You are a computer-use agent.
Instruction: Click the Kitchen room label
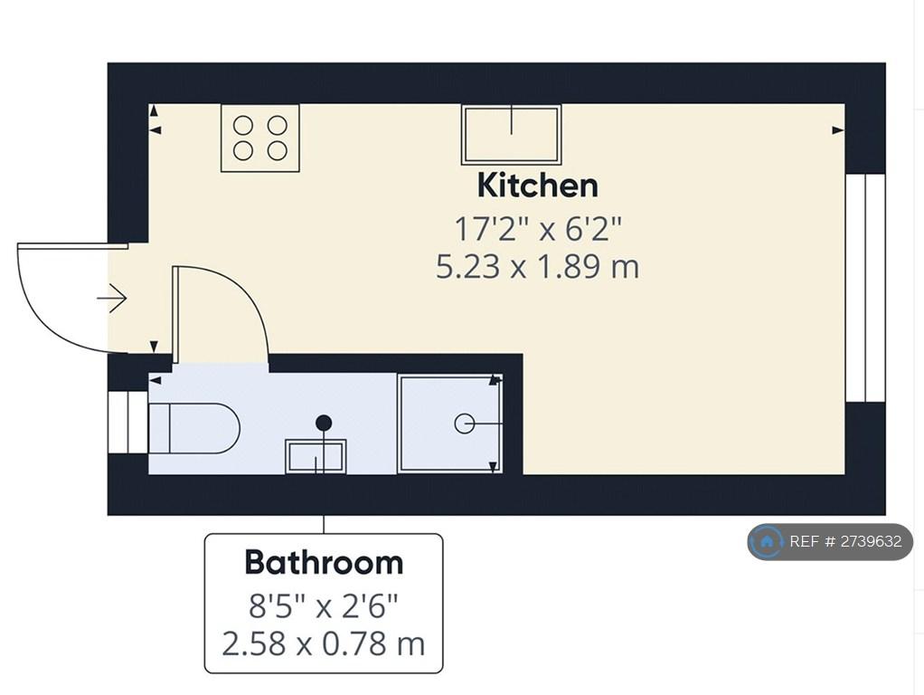pos(537,186)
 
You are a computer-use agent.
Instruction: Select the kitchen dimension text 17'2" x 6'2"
pos(538,229)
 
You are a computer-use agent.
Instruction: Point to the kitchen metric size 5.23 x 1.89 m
pos(537,266)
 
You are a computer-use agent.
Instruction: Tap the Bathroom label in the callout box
pos(324,562)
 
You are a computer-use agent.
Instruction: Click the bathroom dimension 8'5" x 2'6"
pos(324,606)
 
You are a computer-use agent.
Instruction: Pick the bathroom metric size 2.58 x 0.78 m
pos(324,643)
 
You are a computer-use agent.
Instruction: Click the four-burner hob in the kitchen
pos(259,138)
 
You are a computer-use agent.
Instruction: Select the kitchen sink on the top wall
pos(511,135)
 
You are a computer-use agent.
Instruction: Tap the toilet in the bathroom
pos(193,428)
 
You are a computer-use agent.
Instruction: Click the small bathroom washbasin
pos(316,456)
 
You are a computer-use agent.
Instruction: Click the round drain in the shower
pos(465,424)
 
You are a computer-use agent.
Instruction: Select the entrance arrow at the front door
pos(112,299)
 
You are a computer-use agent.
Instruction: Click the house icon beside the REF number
pos(767,541)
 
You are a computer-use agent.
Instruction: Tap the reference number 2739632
pos(871,541)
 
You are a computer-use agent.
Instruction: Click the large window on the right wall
pos(865,288)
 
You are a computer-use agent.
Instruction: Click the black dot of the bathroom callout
pos(324,423)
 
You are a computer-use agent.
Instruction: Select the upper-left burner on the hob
pos(243,126)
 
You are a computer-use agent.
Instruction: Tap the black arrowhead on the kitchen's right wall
pos(838,130)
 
